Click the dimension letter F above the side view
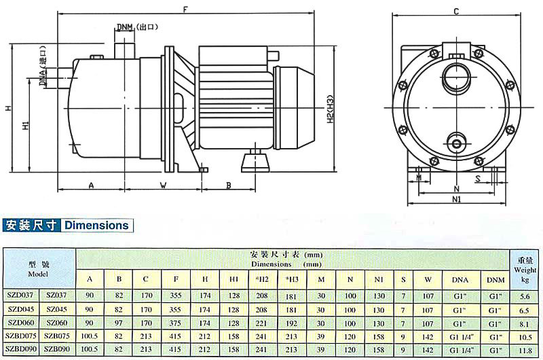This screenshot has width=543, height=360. pyautogui.click(x=185, y=10)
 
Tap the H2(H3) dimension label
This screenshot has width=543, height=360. pyautogui.click(x=331, y=109)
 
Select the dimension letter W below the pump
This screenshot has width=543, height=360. pyautogui.click(x=163, y=185)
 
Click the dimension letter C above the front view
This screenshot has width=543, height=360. pyautogui.click(x=456, y=12)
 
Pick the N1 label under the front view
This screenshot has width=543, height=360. pyautogui.click(x=456, y=199)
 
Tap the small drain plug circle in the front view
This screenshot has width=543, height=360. pyautogui.click(x=457, y=143)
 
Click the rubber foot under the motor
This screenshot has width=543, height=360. pyautogui.click(x=255, y=163)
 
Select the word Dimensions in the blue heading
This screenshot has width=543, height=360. pyautogui.click(x=96, y=226)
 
